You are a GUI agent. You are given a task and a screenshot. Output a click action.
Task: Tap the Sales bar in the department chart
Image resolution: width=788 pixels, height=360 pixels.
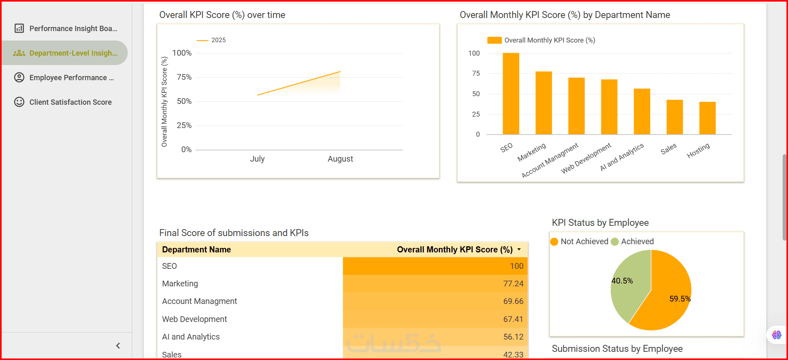[675, 117]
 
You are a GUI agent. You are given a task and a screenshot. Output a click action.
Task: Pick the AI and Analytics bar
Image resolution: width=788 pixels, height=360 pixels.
[642, 111]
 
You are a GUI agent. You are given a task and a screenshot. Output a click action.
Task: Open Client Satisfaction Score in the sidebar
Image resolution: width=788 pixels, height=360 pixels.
[70, 102]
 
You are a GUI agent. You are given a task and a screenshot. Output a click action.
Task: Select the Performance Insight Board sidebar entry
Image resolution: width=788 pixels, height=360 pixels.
[73, 29]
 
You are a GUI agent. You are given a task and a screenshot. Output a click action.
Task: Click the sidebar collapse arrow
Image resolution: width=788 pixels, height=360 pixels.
[118, 346]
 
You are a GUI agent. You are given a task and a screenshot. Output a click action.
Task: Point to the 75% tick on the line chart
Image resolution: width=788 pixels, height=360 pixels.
[184, 77]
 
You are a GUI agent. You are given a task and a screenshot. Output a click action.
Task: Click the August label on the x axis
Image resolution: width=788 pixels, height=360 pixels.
[340, 159]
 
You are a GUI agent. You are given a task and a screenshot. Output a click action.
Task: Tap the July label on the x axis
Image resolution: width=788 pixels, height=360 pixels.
[257, 159]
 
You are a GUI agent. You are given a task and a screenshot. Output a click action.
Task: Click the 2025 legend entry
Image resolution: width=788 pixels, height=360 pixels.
[218, 40]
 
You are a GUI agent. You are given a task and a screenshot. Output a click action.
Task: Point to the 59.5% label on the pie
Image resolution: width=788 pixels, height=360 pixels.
[680, 299]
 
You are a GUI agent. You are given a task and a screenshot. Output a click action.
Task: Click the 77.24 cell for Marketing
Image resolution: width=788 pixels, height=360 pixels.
[513, 283]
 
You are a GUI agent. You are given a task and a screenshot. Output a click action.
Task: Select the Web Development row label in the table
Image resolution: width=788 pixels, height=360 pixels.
[194, 319]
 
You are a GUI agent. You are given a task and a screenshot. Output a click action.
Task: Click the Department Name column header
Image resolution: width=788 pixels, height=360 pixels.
[196, 250]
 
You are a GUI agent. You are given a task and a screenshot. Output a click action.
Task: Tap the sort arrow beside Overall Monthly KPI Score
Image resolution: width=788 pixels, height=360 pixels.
[519, 250]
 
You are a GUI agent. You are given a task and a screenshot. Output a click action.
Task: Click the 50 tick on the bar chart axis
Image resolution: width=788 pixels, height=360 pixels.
[476, 94]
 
